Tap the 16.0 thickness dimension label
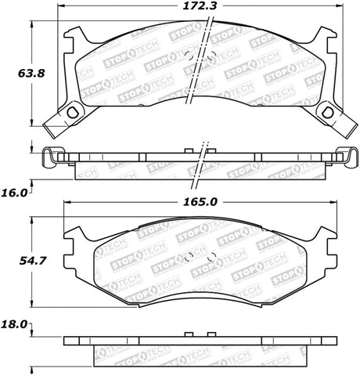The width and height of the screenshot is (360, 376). [x=15, y=190]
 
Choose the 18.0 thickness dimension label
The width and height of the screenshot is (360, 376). [x=15, y=323]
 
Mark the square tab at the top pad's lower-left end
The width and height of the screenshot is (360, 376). [x=54, y=125]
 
